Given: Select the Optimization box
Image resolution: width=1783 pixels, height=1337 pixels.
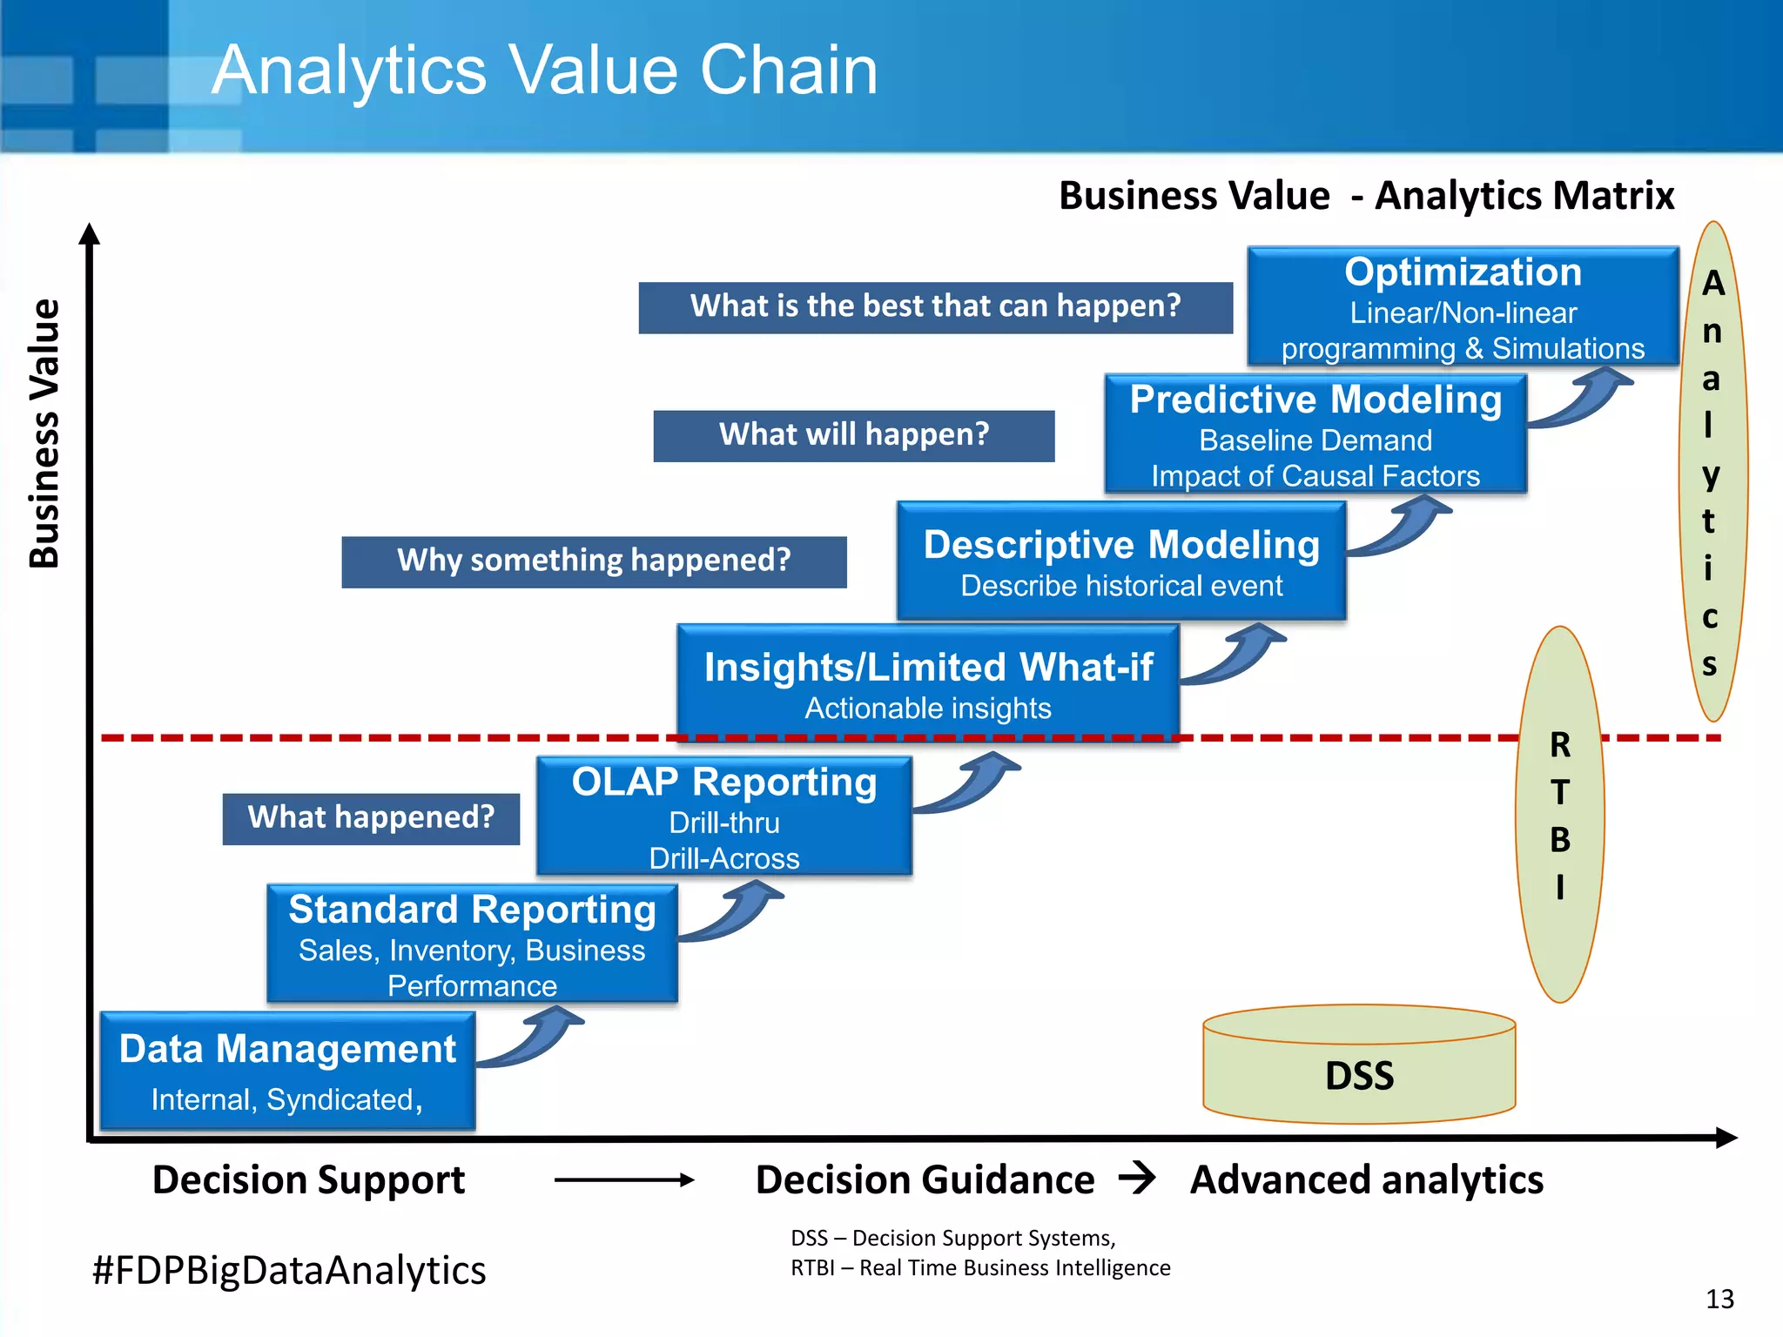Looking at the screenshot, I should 1463,306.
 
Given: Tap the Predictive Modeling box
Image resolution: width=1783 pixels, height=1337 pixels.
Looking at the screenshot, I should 1315,434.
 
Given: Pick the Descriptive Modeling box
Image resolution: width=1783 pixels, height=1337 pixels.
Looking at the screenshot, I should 1121,561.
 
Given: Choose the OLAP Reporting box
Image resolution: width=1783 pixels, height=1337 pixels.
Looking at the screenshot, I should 723,816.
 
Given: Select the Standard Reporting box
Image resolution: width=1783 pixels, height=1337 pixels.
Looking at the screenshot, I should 472,944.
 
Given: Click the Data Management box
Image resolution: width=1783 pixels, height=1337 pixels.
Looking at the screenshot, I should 287,1071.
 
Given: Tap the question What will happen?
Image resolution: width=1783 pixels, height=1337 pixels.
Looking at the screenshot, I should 853,435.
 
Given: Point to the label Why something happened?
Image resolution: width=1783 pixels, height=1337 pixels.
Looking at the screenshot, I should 594,561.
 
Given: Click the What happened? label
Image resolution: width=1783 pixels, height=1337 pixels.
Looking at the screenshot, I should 371,818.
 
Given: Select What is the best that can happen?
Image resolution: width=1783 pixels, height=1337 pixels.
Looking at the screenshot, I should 935,307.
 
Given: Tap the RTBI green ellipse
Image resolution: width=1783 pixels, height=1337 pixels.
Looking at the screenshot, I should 1559,814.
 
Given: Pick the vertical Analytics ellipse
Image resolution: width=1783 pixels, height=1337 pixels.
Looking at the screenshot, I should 1712,470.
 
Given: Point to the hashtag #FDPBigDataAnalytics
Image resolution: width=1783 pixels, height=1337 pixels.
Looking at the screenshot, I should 289,1270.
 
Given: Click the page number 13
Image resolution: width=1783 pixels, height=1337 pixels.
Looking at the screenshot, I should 1719,1299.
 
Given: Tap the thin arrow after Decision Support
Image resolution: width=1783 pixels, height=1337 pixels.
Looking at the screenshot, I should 623,1180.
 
